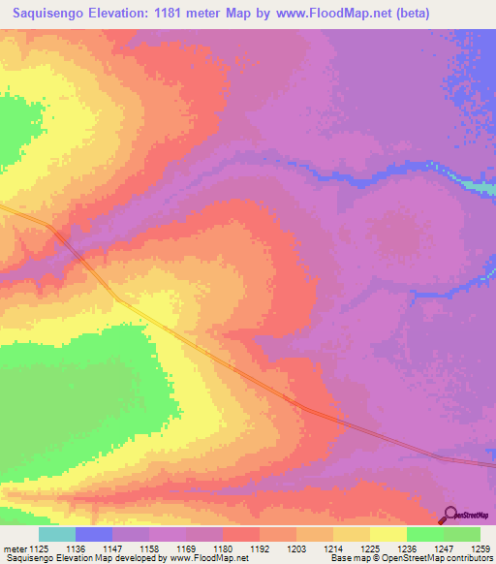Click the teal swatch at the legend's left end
coord(56,534)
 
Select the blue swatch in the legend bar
coord(94,534)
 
